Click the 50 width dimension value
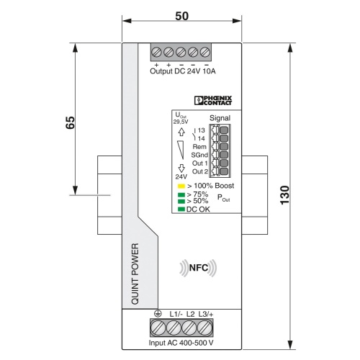(x=181, y=17)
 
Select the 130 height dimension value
(x=285, y=195)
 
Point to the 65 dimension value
(x=70, y=122)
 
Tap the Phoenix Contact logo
(x=213, y=100)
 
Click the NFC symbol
(x=198, y=268)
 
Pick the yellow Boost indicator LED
(x=181, y=186)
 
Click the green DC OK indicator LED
(x=181, y=209)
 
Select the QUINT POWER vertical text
(x=135, y=274)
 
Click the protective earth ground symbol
(x=158, y=313)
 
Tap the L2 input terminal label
(x=191, y=314)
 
